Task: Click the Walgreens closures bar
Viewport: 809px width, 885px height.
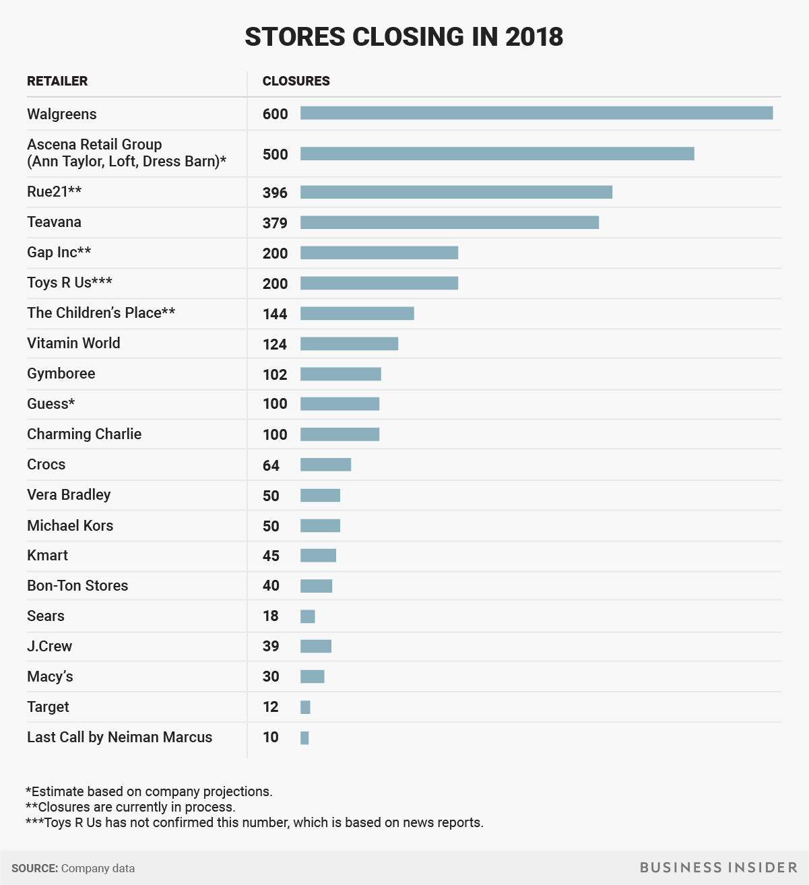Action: click(536, 113)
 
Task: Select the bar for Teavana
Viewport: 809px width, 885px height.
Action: click(449, 222)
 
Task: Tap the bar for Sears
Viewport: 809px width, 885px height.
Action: click(308, 616)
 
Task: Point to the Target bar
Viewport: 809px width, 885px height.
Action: click(305, 707)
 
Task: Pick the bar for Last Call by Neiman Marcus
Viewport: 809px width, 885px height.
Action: click(304, 738)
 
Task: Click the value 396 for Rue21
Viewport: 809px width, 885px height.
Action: click(275, 193)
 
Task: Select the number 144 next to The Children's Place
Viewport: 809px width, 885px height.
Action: click(275, 314)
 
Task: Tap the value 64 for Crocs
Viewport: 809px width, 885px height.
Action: click(271, 465)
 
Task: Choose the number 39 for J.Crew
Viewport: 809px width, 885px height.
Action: click(271, 647)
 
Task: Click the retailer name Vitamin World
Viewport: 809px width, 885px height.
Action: click(73, 343)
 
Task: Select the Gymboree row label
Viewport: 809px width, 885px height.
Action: click(61, 374)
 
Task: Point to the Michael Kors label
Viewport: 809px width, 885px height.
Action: click(70, 526)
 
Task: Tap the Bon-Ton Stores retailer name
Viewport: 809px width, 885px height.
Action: click(77, 586)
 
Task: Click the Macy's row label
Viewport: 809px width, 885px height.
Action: click(50, 677)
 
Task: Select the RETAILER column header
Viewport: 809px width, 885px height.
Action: click(57, 81)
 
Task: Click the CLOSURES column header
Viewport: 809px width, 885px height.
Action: click(296, 81)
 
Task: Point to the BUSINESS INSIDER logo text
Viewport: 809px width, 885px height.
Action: click(719, 867)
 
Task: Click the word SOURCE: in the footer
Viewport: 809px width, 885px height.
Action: click(34, 868)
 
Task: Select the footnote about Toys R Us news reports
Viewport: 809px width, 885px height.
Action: click(254, 822)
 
